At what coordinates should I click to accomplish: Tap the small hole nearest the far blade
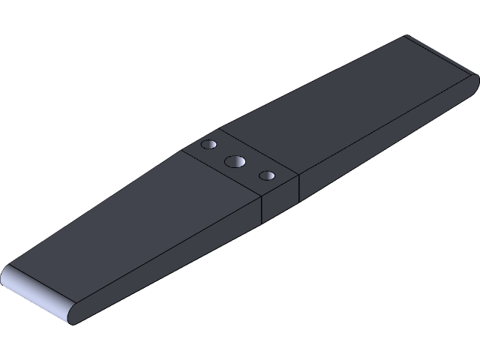[x=209, y=143]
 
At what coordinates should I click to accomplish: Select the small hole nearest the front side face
[x=266, y=175]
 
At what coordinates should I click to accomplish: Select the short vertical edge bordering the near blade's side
[x=261, y=211]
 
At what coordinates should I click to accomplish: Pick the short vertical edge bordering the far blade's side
[x=299, y=189]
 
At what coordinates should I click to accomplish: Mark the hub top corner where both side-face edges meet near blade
[x=261, y=196]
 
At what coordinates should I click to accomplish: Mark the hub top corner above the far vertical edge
[x=299, y=175]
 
